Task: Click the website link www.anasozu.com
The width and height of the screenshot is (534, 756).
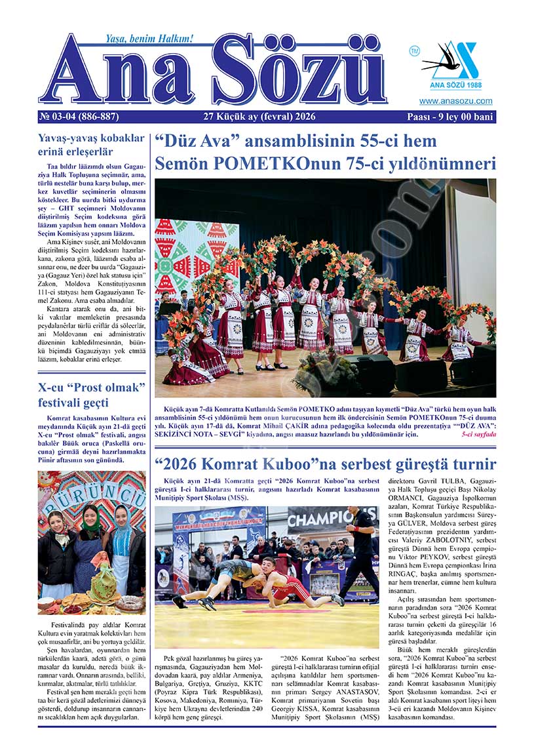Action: (x=455, y=101)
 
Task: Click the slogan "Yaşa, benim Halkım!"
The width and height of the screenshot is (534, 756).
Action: (x=140, y=39)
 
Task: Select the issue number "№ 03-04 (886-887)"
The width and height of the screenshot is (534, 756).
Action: (x=79, y=117)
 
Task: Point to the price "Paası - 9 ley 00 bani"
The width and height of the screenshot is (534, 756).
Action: (x=450, y=117)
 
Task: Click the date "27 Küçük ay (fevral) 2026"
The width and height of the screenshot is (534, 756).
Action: (x=260, y=117)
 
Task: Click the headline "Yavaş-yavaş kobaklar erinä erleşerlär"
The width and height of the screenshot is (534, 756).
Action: (x=91, y=145)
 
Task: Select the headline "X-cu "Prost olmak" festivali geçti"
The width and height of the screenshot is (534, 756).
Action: (x=91, y=394)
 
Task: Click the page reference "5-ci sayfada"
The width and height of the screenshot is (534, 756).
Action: (x=478, y=434)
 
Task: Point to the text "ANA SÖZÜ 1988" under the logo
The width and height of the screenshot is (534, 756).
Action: (x=455, y=86)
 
